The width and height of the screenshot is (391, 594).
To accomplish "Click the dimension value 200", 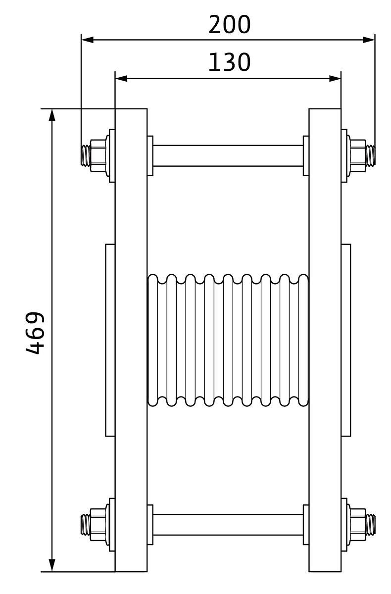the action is click(230, 24).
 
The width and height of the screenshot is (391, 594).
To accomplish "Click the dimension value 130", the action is click(230, 62).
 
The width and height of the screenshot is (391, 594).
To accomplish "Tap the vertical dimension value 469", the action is click(35, 333).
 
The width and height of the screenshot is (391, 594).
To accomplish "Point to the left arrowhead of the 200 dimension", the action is click(88, 40).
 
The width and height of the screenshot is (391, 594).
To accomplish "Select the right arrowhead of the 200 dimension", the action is click(369, 40).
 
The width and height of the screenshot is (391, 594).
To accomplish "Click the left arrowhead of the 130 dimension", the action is click(121, 79).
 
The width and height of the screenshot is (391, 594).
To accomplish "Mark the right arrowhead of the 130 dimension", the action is click(335, 79).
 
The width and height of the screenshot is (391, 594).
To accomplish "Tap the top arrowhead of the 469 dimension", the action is click(52, 115).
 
